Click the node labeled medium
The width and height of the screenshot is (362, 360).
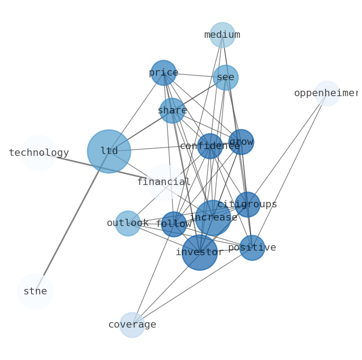coord(222,35)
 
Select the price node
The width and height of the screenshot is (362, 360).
coord(163,73)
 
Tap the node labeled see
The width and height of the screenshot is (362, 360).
coord(225,77)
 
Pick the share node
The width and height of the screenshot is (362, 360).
coord(172,111)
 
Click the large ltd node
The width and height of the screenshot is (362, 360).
coord(109,151)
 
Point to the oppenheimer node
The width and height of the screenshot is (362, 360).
coord(327,93)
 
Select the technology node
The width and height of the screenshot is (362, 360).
coord(39,153)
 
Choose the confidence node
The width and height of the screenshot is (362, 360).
coord(210,146)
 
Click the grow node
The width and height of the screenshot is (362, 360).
coord(241,142)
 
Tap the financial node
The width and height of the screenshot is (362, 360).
coord(164,182)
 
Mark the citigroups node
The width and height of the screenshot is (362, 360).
coord(247,205)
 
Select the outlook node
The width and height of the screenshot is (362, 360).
coord(128,223)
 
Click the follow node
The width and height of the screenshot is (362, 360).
coord(174,224)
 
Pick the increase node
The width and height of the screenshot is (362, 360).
coord(213,218)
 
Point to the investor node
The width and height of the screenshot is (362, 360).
coord(200,252)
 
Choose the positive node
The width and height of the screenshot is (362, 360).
coord(252,248)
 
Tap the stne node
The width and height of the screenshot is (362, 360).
coord(35,292)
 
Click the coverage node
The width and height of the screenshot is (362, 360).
coord(132,325)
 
